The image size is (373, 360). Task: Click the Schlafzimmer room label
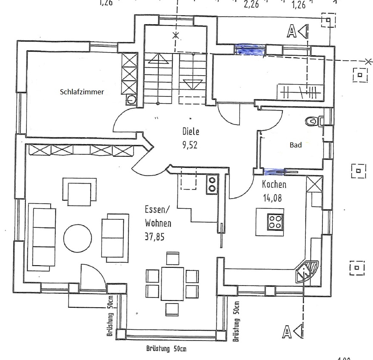point(82,91)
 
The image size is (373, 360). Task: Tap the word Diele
point(191,132)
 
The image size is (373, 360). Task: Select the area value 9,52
point(191,145)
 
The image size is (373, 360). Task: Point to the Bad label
point(296,145)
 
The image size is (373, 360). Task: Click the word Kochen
point(274,184)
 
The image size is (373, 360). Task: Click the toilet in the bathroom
point(313,122)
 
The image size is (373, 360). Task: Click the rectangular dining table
point(172,283)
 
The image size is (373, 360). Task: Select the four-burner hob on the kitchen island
point(275,221)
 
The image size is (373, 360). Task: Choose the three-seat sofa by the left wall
point(42,237)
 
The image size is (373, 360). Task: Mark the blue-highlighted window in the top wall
point(251,49)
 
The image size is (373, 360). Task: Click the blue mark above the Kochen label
point(274,172)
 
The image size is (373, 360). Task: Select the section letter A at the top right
point(292,31)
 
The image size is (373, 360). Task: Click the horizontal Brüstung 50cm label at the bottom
point(166,349)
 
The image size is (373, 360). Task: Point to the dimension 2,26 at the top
point(251,5)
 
